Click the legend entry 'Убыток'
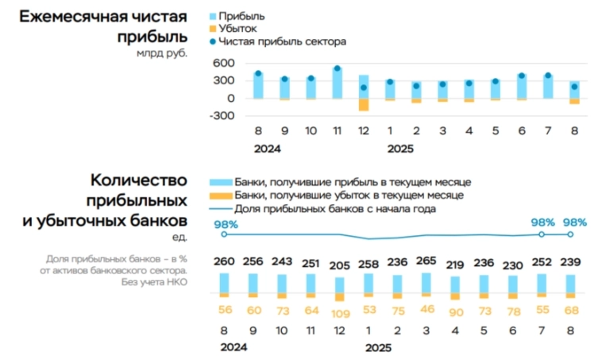point(244,29)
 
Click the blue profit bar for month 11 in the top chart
point(337,83)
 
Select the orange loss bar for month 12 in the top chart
point(364,104)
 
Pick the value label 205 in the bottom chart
point(340,263)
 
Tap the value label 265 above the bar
point(426,263)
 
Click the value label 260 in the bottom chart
point(225,263)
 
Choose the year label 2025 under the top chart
point(400,148)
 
